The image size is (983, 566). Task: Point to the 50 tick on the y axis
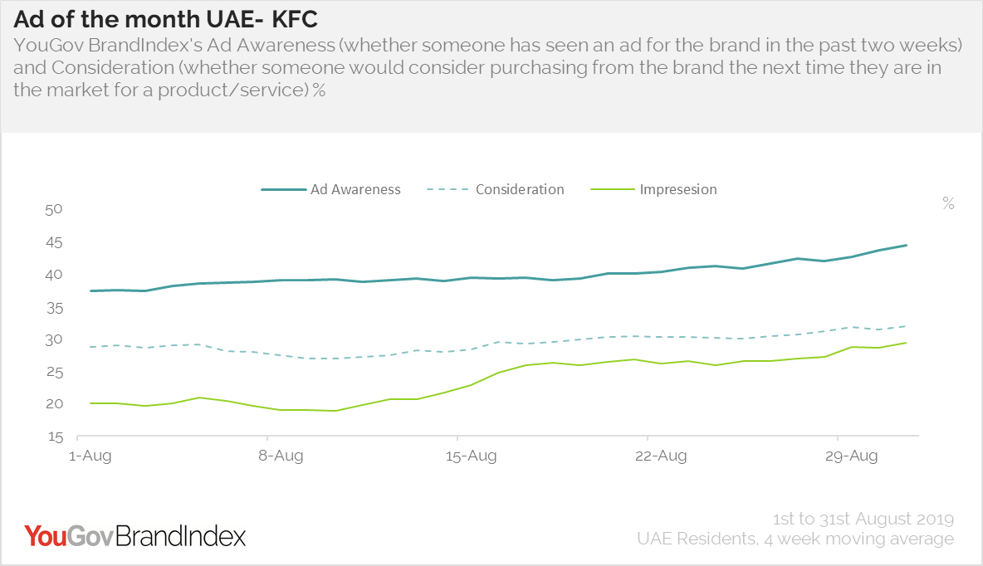click(54, 209)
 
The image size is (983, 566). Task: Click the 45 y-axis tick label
click(54, 242)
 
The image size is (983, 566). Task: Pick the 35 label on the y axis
click(54, 308)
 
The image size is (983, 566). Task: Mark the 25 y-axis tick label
click(54, 372)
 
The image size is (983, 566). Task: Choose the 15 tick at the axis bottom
click(54, 437)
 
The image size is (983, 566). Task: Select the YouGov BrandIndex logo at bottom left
click(134, 535)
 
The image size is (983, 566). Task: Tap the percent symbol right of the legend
click(948, 204)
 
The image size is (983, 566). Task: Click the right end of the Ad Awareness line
click(906, 246)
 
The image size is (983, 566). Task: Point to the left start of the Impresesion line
click(91, 403)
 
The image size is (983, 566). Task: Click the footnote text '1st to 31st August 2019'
click(863, 519)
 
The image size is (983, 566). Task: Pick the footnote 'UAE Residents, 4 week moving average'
click(795, 539)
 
